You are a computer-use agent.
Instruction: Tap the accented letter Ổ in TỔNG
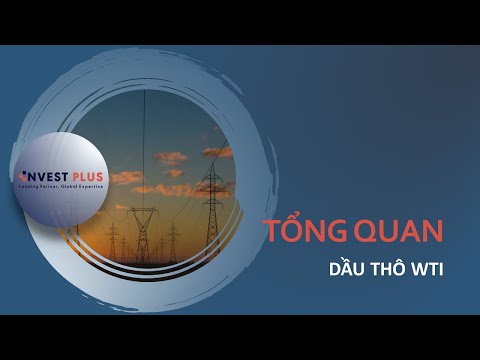click(290, 230)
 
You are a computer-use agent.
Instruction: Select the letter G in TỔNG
click(329, 232)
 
